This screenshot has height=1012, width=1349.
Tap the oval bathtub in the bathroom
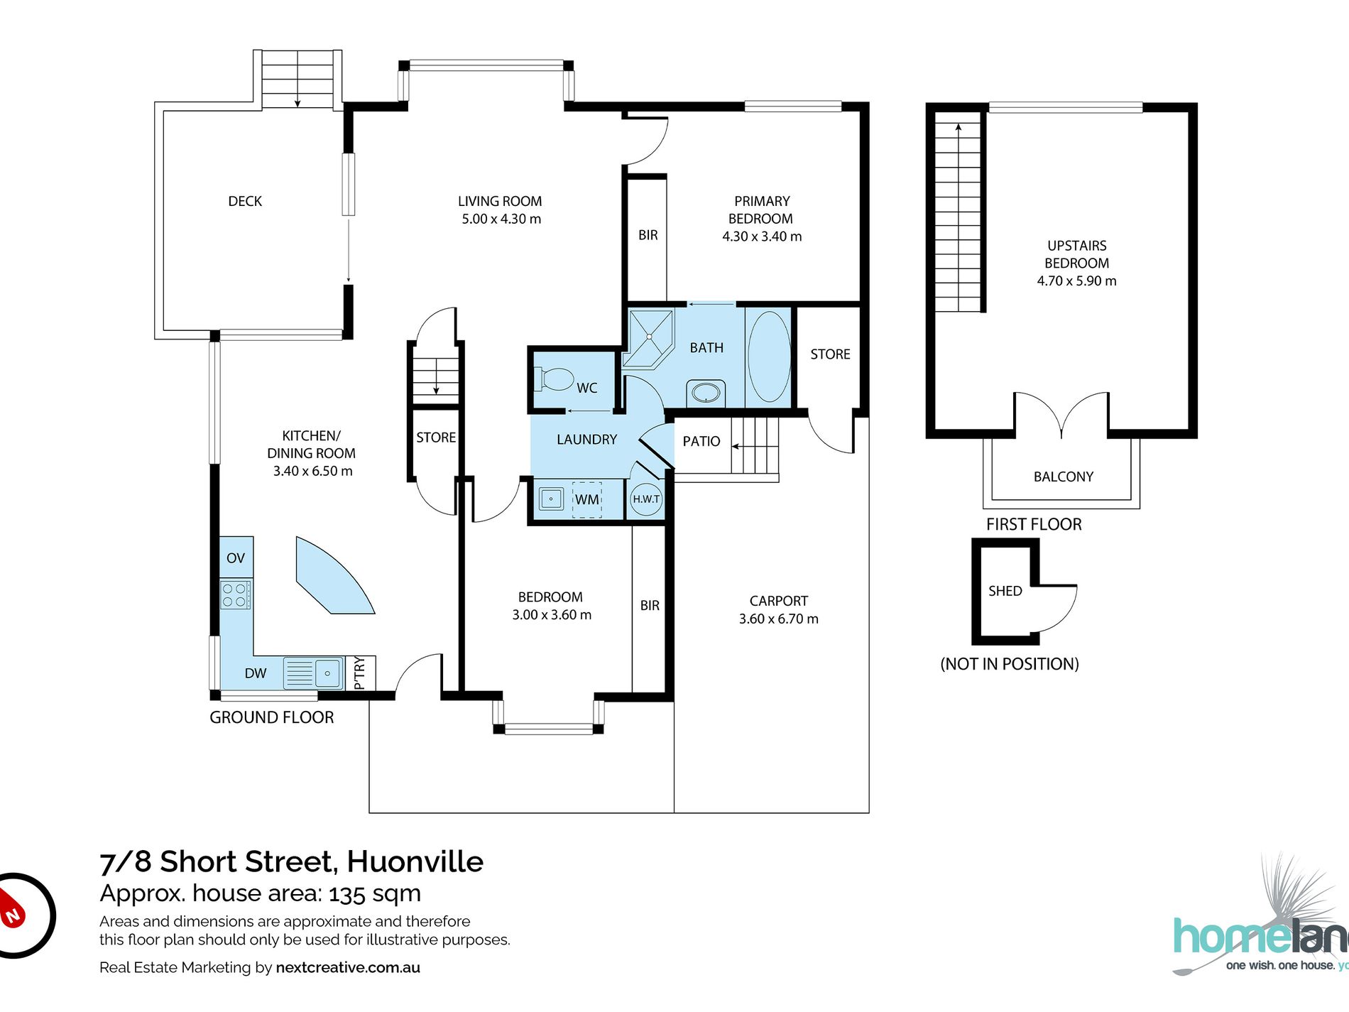coord(768,357)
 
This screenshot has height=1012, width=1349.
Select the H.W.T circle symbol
coord(646,499)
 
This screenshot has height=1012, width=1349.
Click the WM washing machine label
coord(586,499)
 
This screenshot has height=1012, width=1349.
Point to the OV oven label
coord(236,558)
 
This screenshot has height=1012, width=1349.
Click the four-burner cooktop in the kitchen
coord(236,594)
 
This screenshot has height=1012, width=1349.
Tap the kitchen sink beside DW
coord(313,673)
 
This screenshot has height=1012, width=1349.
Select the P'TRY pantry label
coord(359,673)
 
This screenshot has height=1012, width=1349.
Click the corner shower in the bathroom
coord(648,338)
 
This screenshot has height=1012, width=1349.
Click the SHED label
coord(1005,591)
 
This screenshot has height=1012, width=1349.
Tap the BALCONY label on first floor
coord(1064,477)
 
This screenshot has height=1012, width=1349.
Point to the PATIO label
coord(701,441)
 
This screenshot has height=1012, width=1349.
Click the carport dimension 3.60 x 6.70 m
coord(779,619)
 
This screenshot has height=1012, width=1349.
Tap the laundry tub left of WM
coord(551,499)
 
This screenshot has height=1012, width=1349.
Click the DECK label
coord(245,201)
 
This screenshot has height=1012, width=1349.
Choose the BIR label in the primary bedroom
coord(648,235)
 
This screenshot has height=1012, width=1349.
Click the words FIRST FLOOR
coord(1034,524)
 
